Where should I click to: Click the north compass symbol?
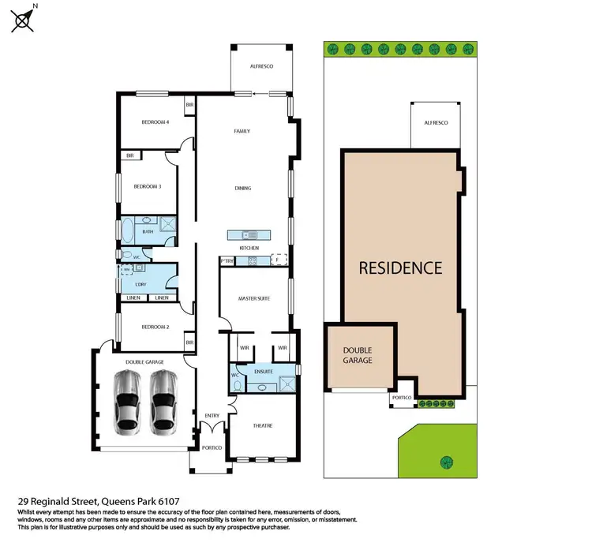coord(23,20)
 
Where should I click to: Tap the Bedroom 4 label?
coord(155,122)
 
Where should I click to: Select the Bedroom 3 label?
coord(147,186)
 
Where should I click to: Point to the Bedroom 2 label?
coord(155,326)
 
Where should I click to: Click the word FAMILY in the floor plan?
coord(242,131)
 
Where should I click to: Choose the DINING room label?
coord(242,189)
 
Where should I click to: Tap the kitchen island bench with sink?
coord(249,234)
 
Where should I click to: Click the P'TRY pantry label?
coord(227,260)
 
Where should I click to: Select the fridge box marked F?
coord(277,259)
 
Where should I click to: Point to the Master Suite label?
coord(254,298)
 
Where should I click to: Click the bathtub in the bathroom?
coord(127,230)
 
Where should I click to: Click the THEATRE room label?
coord(262,425)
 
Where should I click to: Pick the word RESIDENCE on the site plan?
coord(400,268)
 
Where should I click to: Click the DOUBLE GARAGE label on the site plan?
coord(357,354)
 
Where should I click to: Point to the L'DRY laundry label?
coord(143,283)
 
